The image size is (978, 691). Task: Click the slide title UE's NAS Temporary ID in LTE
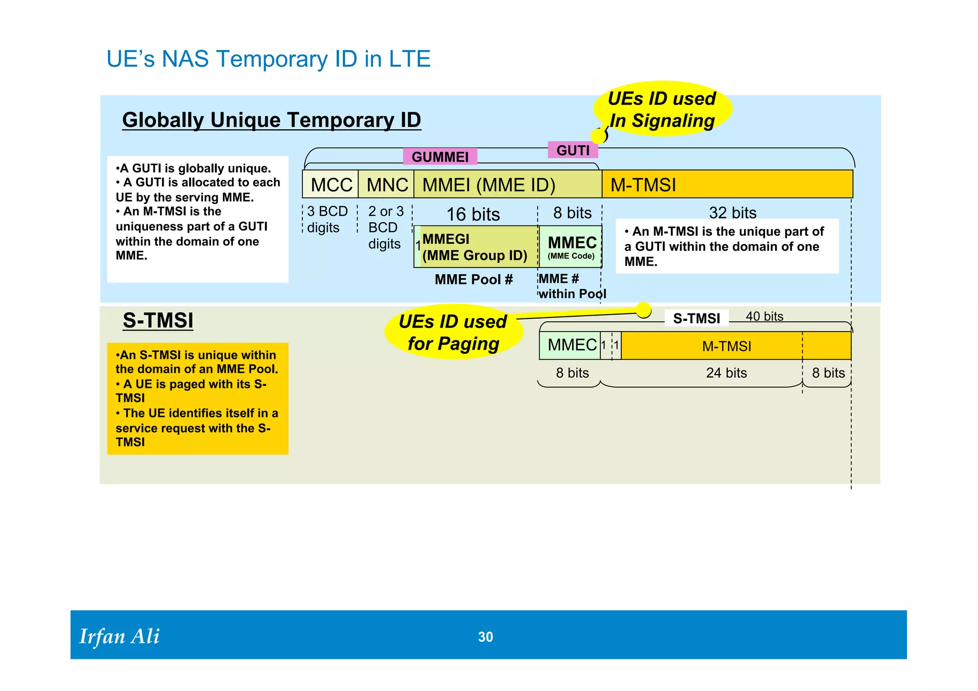pos(268,59)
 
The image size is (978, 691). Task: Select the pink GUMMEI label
pos(440,157)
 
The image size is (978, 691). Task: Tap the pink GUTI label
pos(573,150)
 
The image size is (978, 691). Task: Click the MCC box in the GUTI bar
pos(330,185)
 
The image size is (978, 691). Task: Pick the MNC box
pos(386,185)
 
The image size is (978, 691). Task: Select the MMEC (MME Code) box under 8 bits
pos(571,247)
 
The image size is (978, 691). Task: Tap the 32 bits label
pos(732,213)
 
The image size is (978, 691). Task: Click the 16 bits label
pos(473,214)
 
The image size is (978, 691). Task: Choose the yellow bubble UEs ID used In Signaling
pos(662,109)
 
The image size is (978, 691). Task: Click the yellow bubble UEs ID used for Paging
pos(453,332)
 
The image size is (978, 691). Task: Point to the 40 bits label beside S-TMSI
pos(764,316)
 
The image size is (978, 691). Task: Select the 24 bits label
pos(726,373)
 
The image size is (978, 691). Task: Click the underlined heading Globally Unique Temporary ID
pos(271,120)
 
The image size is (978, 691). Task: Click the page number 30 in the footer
pos(485,637)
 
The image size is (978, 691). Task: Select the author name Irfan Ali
pos(119,637)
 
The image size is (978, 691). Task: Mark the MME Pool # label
pos(473,279)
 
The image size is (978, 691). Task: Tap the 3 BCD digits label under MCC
pos(327,219)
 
